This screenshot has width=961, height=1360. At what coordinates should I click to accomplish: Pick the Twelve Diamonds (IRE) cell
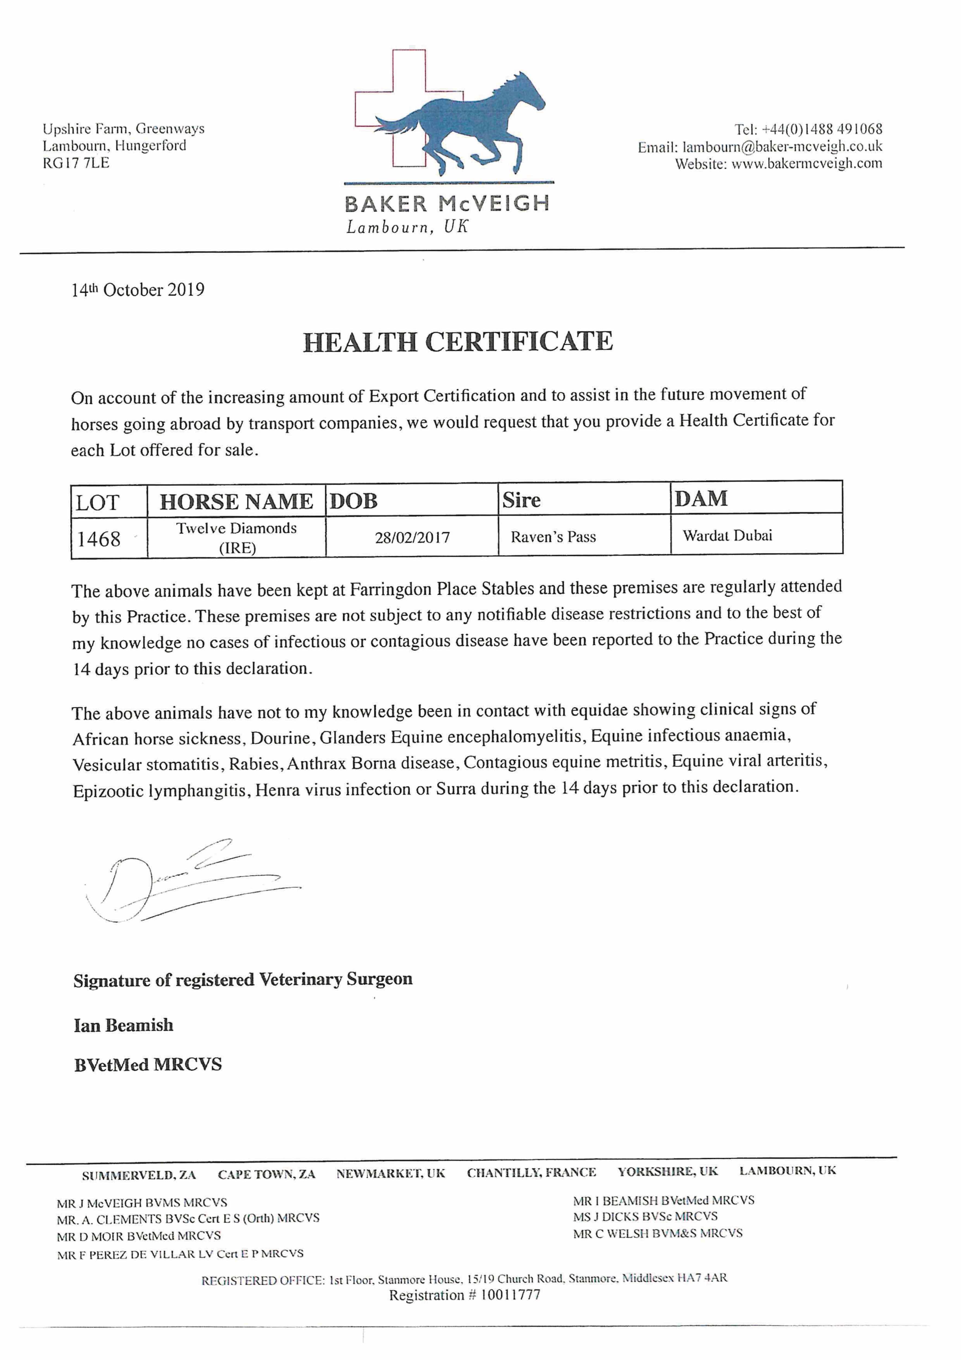[236, 537]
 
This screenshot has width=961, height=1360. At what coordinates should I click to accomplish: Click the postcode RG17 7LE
[76, 163]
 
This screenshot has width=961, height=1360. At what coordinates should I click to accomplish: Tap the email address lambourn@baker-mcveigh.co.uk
[782, 146]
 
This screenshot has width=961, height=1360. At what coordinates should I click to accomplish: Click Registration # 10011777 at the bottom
[465, 1295]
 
